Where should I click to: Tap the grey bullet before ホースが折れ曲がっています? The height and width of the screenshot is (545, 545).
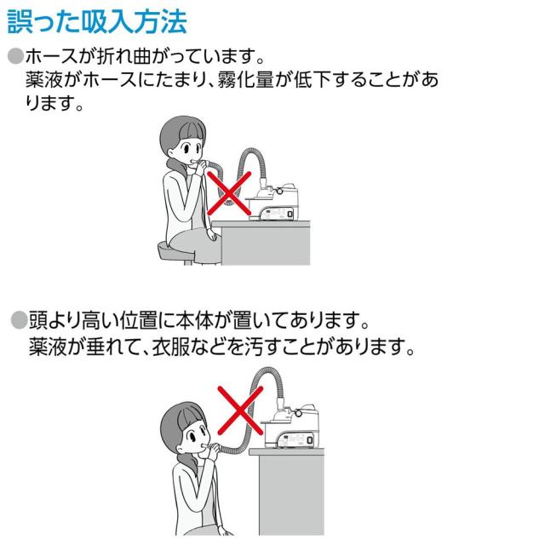[x=14, y=58]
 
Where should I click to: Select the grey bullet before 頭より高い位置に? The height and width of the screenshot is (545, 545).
[x=18, y=321]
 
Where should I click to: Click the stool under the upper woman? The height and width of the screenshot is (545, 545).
[x=177, y=250]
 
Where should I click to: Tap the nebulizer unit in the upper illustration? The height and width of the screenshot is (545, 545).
[x=281, y=200]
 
